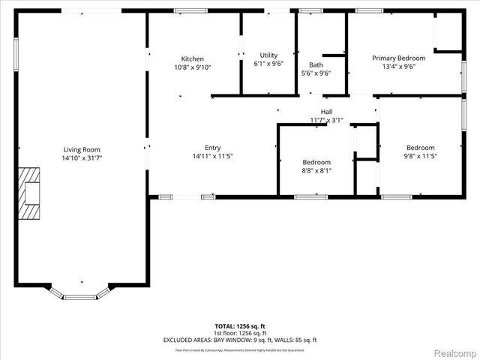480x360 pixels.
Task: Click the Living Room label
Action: (x=81, y=149)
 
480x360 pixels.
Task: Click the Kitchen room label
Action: (x=193, y=58)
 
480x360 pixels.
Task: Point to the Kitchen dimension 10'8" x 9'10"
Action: (x=193, y=67)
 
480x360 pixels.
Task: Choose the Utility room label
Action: (x=268, y=55)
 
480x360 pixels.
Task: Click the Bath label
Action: (x=316, y=64)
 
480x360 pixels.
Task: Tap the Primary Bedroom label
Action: (x=399, y=58)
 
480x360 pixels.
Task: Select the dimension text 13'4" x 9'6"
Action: (x=399, y=67)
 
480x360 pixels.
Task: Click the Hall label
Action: (x=327, y=111)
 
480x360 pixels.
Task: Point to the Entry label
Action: (x=213, y=148)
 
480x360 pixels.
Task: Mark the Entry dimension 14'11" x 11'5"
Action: (x=213, y=157)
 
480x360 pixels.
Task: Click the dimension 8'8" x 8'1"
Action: (x=316, y=171)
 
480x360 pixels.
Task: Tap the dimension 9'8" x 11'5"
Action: (x=421, y=157)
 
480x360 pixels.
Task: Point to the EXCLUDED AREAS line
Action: (x=239, y=340)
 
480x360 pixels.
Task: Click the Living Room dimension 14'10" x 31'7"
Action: (x=81, y=158)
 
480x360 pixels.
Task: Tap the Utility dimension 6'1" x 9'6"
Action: (x=268, y=64)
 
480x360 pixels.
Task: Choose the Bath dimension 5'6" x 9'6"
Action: (x=316, y=73)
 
